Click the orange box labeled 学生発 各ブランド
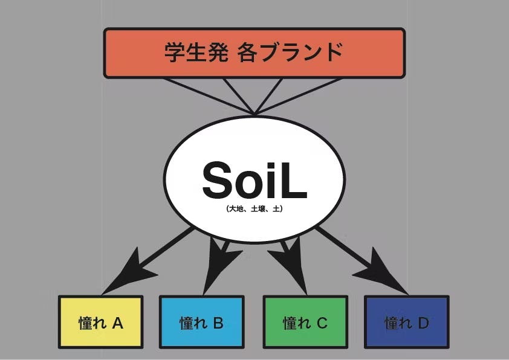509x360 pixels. click(254, 53)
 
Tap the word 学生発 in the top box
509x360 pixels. click(196, 52)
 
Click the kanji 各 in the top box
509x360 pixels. click(247, 52)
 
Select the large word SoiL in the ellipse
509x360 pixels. click(254, 180)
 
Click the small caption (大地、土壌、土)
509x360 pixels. click(254, 208)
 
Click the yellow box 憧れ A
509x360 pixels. click(100, 322)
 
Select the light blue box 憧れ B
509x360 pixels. click(201, 322)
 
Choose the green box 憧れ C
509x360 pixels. click(305, 322)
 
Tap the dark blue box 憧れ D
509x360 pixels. click(407, 322)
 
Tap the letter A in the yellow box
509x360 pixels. click(117, 323)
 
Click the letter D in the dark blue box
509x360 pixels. click(424, 323)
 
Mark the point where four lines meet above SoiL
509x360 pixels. click(254, 114)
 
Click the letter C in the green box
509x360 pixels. click(322, 323)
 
